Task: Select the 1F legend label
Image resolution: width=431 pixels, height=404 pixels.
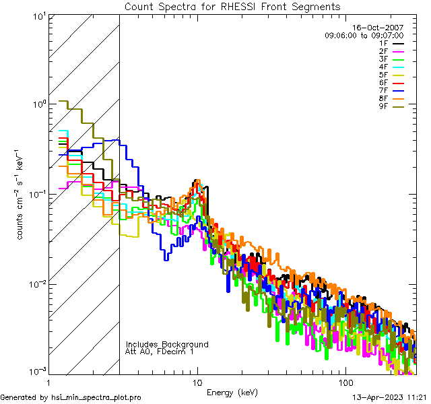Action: [383, 44]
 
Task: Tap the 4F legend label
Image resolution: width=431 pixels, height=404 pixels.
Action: [383, 67]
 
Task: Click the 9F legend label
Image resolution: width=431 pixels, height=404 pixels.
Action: [383, 106]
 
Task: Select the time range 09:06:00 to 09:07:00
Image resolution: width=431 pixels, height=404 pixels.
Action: [364, 35]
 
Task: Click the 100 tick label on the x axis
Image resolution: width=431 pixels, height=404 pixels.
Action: [345, 381]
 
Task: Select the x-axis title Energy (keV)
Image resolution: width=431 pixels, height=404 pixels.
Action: [232, 392]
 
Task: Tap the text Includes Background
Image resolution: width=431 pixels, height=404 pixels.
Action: [167, 344]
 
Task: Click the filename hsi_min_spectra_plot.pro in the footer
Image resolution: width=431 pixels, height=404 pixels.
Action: [97, 397]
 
